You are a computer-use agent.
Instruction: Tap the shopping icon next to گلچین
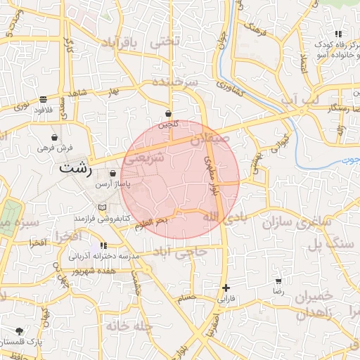(169, 113)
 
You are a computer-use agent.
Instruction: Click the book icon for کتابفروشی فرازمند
(103, 207)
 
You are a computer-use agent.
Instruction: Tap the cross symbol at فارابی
(226, 288)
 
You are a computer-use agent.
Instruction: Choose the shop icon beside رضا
(279, 281)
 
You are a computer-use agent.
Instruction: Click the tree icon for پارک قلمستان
(19, 331)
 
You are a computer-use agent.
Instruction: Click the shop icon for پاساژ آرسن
(113, 173)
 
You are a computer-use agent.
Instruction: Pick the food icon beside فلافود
(44, 99)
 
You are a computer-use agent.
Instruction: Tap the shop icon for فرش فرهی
(55, 138)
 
